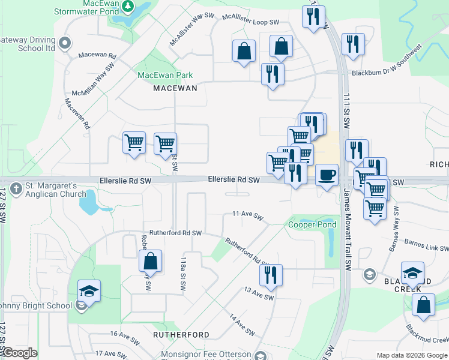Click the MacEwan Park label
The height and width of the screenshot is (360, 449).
point(165,75)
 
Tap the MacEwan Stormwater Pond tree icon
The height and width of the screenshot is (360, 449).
point(127,6)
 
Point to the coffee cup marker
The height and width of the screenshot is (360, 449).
point(326,175)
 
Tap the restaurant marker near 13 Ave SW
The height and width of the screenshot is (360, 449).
point(271,275)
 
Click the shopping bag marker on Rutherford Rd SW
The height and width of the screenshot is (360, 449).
point(150,261)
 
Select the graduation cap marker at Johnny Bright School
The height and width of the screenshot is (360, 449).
point(89,291)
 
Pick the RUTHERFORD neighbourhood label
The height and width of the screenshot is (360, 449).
point(181,334)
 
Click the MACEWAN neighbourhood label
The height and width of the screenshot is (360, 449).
point(175,88)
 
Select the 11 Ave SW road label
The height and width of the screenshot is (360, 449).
point(248,215)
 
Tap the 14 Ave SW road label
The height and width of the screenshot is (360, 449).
point(241,323)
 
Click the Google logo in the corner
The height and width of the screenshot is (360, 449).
point(19,353)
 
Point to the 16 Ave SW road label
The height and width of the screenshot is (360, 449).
point(125,334)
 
